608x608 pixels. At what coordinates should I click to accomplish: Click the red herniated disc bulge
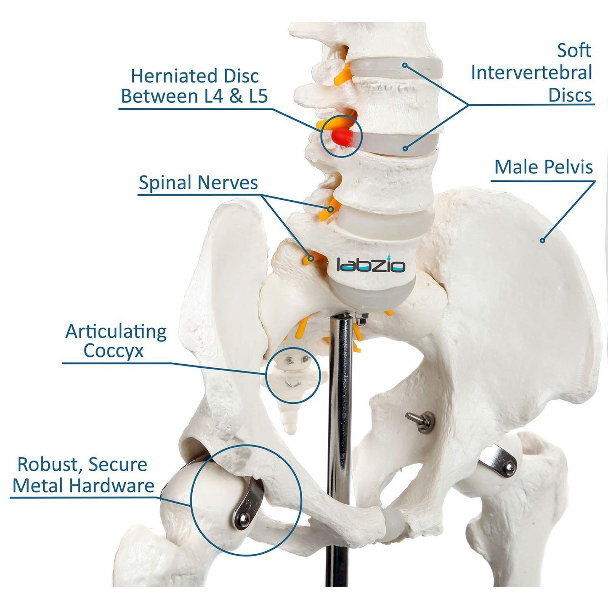tap(341, 136)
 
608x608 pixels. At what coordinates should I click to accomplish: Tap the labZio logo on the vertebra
tap(371, 265)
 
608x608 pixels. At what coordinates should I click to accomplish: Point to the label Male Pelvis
tap(543, 167)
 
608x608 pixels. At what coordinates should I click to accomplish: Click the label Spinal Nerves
tap(198, 183)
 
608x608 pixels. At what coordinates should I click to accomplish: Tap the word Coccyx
tap(113, 351)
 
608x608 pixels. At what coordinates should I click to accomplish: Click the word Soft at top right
tap(574, 50)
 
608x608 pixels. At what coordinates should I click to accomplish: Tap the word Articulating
tap(116, 332)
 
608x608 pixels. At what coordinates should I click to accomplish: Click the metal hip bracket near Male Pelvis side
tap(499, 462)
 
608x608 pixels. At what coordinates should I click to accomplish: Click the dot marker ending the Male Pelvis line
tap(542, 241)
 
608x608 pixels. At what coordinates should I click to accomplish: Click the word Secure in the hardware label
tap(118, 465)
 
